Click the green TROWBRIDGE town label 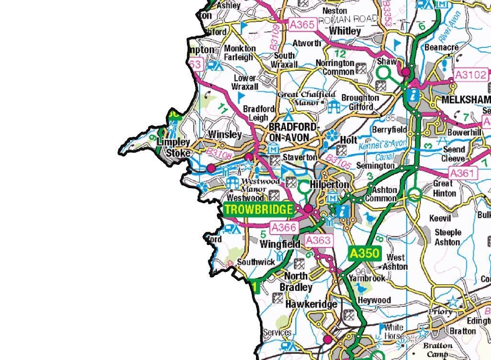pos(259,209)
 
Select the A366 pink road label pos(284,228)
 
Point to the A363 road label pos(318,240)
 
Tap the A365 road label pos(301,24)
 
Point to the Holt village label pos(348,140)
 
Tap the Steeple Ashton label pos(448,237)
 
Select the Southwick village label pos(257,262)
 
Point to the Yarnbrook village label pos(367,278)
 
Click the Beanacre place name pos(441,47)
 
